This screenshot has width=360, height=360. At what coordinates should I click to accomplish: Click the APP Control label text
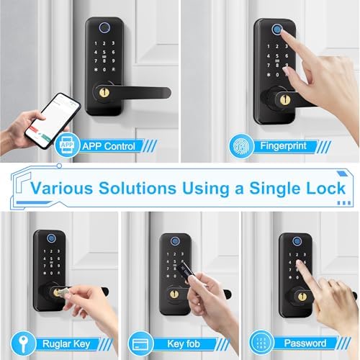[108, 146]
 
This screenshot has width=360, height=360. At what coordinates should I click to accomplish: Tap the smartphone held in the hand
[55, 120]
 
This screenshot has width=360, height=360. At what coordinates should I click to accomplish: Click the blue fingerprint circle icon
[240, 146]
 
